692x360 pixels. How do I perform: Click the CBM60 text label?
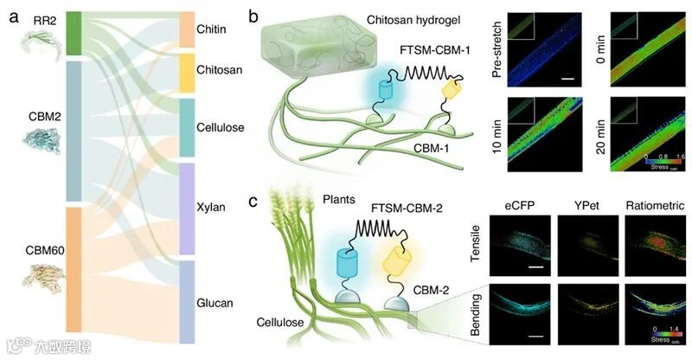click(x=34, y=252)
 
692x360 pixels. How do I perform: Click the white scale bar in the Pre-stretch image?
click(x=568, y=78)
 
